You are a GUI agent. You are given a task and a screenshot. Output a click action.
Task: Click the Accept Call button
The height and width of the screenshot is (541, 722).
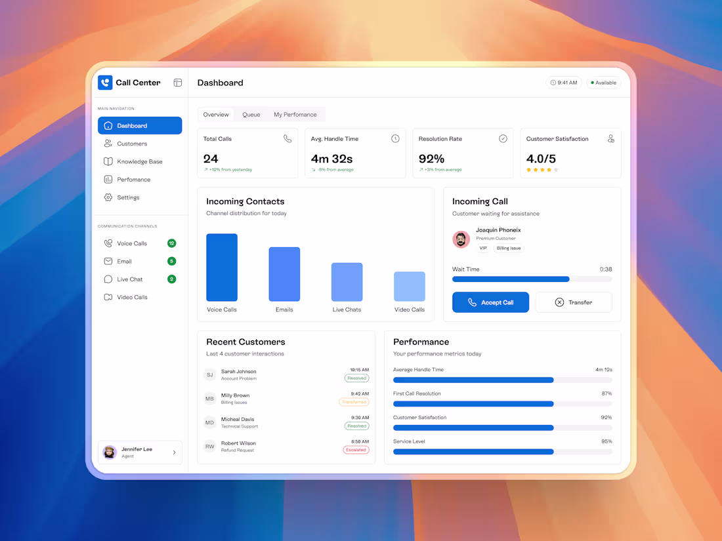tap(490, 302)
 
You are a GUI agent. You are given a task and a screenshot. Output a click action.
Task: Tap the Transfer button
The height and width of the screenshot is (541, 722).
tap(574, 302)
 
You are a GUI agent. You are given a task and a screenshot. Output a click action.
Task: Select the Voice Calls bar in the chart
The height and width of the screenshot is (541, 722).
tap(222, 268)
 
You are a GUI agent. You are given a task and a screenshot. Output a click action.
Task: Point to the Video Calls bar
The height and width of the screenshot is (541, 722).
tap(410, 286)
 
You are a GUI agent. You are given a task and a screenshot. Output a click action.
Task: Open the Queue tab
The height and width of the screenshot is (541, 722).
tap(251, 115)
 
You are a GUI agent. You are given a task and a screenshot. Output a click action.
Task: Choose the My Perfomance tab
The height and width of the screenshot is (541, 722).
tap(295, 115)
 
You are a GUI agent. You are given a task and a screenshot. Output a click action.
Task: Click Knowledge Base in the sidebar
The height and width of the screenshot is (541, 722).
tap(139, 161)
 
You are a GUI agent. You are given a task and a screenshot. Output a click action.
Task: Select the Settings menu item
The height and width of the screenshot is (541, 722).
tap(128, 197)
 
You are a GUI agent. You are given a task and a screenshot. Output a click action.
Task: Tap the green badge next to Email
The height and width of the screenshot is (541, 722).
tap(171, 261)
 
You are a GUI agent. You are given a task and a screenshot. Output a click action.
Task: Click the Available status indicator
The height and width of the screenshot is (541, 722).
tap(603, 83)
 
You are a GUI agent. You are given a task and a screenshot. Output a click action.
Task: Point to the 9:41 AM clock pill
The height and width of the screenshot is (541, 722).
tap(564, 83)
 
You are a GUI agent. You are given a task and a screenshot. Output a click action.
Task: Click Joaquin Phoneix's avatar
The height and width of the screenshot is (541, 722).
tap(461, 239)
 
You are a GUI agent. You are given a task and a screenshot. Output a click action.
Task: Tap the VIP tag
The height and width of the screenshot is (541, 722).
tap(483, 249)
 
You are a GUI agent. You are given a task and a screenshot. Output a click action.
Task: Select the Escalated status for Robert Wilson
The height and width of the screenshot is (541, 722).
tap(356, 450)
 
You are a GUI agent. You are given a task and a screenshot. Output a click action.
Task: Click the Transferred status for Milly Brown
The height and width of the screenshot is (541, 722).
tap(354, 402)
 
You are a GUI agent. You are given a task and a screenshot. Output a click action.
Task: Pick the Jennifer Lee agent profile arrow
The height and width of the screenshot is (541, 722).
tap(174, 452)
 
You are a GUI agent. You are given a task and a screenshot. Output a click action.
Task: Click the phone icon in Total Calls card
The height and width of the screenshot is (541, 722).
tap(287, 139)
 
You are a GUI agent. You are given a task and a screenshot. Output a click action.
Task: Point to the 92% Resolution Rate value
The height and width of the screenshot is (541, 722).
tap(432, 159)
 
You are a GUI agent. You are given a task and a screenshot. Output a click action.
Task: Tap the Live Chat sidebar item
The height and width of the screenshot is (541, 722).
tap(129, 279)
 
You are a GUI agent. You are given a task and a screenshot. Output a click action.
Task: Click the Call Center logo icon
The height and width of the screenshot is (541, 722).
tap(105, 83)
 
